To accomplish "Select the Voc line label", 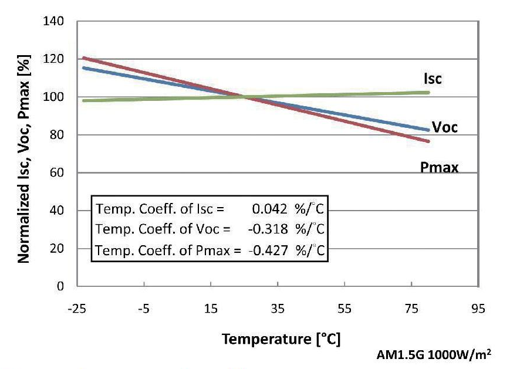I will (x=444, y=127).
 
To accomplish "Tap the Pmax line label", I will (x=439, y=168).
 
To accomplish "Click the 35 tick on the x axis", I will (x=278, y=309).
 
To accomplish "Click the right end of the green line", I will (x=429, y=92).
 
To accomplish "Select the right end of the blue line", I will (x=429, y=130).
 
